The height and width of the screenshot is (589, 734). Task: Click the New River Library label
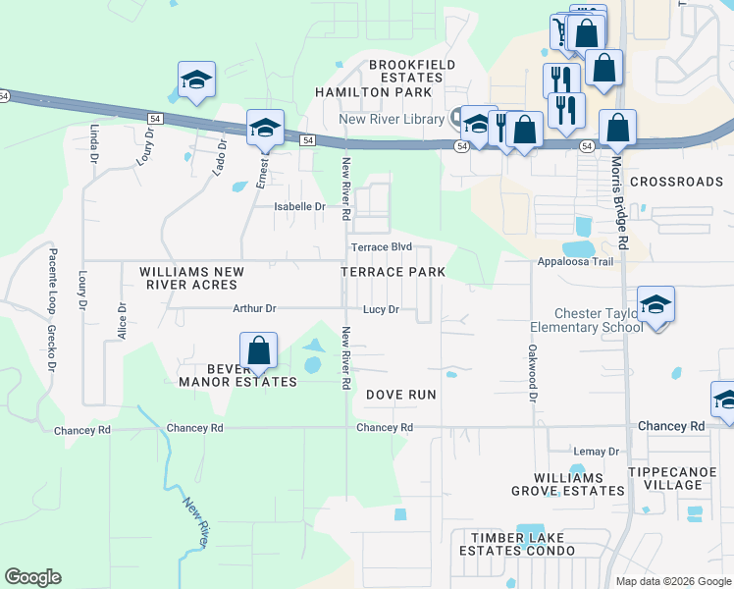(x=392, y=120)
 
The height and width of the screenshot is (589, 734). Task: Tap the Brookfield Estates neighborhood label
(x=406, y=72)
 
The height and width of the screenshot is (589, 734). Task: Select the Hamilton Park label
(x=373, y=92)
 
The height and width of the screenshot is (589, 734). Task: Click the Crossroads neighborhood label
(x=676, y=182)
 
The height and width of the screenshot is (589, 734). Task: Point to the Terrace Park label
(x=393, y=272)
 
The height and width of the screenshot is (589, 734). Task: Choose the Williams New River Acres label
(x=188, y=278)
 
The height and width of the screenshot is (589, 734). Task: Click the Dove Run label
(x=400, y=395)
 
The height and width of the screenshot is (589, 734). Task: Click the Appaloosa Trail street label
(x=575, y=262)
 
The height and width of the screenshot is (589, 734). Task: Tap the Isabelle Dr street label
(x=298, y=207)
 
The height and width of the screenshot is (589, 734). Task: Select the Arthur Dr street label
(x=254, y=308)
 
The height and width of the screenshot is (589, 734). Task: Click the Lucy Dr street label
(x=380, y=309)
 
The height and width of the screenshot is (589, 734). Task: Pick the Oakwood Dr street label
(x=533, y=374)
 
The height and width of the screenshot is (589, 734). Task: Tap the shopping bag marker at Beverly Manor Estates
(x=258, y=351)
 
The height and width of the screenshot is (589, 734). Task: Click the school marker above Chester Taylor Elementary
(x=655, y=305)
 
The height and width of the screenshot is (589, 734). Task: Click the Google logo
(x=32, y=577)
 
